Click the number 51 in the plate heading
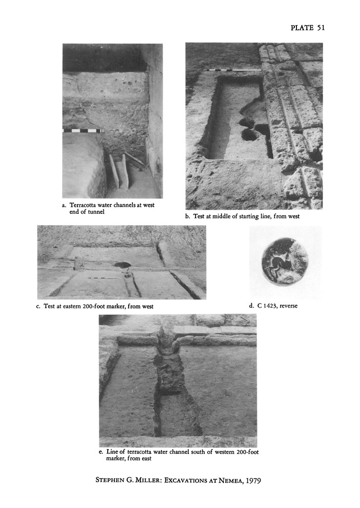(x=321, y=28)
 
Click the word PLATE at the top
(x=302, y=28)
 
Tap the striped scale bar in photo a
(x=83, y=130)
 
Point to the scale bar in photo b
(x=232, y=70)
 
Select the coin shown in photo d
(x=285, y=261)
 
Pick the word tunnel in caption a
(x=96, y=212)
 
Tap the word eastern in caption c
(x=72, y=306)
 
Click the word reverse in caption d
(x=288, y=306)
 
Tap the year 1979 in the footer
(x=253, y=480)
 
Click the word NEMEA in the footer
(x=230, y=480)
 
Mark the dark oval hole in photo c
(x=123, y=264)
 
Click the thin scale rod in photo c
(x=103, y=278)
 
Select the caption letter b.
(x=188, y=216)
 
